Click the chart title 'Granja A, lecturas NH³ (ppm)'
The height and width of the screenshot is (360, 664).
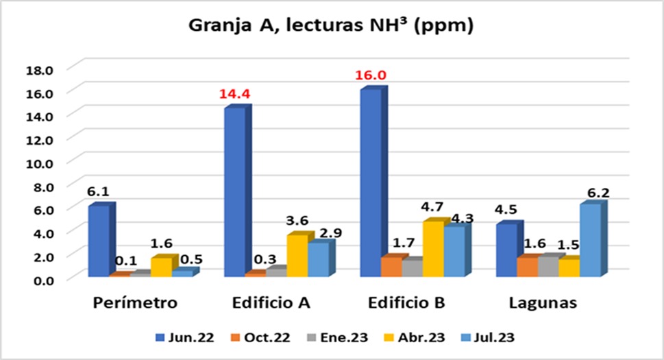click(332, 27)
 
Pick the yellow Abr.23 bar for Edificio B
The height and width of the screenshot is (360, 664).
click(432, 248)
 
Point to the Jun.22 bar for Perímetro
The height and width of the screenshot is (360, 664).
click(98, 240)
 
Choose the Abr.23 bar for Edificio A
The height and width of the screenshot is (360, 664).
click(297, 255)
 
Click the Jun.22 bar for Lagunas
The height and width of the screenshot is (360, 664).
click(506, 250)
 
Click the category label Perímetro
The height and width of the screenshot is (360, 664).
click(135, 303)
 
